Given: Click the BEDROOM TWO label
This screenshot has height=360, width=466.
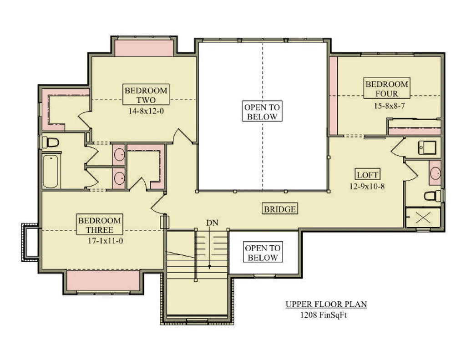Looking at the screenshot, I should pyautogui.click(x=146, y=95).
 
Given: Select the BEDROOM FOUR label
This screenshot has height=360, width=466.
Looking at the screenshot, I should pyautogui.click(x=387, y=89).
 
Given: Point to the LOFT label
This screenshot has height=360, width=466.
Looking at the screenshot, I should pyautogui.click(x=367, y=175).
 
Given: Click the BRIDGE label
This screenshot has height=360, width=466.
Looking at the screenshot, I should pyautogui.click(x=280, y=209).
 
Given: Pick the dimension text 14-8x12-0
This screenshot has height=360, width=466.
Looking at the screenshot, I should pyautogui.click(x=146, y=111).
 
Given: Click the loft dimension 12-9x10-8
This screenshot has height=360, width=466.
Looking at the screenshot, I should pyautogui.click(x=367, y=186).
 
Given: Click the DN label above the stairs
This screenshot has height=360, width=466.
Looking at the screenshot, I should pyautogui.click(x=212, y=223).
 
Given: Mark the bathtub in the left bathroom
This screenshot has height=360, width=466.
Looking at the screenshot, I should pyautogui.click(x=51, y=172).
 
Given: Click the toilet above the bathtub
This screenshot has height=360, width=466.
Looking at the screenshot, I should pyautogui.click(x=50, y=142).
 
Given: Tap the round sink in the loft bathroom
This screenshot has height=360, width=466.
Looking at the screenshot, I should pyautogui.click(x=435, y=173).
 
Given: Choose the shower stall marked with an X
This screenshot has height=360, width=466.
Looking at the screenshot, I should pyautogui.click(x=423, y=217).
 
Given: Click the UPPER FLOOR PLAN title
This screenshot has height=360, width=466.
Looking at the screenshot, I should pyautogui.click(x=326, y=304).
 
